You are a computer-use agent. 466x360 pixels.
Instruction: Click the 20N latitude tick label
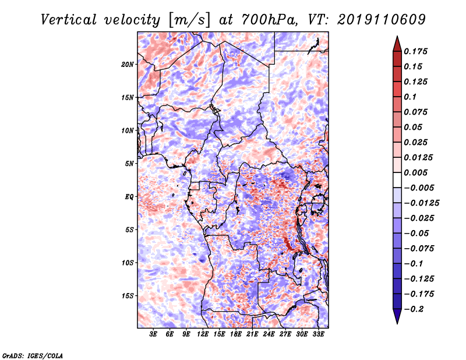click(x=128, y=65)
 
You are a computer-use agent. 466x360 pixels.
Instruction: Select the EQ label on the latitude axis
click(x=129, y=197)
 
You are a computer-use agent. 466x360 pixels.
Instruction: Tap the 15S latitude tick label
click(x=128, y=296)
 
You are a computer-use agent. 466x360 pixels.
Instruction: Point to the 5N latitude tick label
click(x=129, y=164)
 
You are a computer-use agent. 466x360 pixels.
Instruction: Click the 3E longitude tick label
click(x=153, y=334)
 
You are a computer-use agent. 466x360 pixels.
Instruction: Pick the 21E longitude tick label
click(x=252, y=334)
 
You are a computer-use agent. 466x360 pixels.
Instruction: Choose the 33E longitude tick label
click(x=318, y=334)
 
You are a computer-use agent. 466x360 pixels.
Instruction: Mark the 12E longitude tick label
click(x=202, y=334)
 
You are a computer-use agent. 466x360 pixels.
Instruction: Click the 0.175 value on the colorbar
click(x=415, y=51)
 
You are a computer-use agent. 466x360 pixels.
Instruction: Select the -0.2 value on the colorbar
click(x=414, y=309)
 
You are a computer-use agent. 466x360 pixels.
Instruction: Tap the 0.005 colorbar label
click(x=415, y=172)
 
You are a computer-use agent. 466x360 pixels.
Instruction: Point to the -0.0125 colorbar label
click(x=421, y=203)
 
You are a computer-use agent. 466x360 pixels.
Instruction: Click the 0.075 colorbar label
click(x=415, y=112)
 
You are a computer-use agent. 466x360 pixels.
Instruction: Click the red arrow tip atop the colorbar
click(x=397, y=37)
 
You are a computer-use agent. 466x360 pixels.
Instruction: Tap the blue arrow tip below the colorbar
click(x=397, y=323)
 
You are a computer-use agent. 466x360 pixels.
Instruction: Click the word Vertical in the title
click(x=68, y=20)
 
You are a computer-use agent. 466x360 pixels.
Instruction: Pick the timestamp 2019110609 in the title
click(x=382, y=20)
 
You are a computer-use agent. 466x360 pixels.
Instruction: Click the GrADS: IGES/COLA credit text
click(x=33, y=356)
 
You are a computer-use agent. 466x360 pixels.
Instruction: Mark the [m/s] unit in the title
click(x=189, y=20)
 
